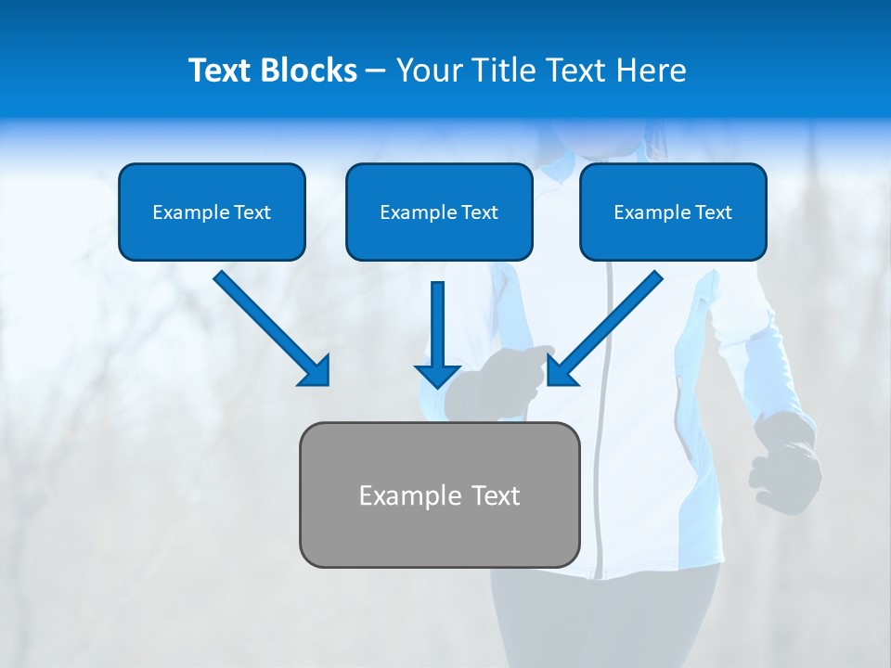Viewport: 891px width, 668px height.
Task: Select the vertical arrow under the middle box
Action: coord(438,325)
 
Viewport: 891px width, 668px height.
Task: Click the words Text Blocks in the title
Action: coord(272,71)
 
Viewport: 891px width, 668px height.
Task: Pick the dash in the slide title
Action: coord(376,71)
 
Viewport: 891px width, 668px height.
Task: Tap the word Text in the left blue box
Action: coord(252,212)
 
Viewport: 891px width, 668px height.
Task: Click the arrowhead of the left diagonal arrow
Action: coord(316,371)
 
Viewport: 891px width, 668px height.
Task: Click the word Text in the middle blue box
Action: coord(480,212)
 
